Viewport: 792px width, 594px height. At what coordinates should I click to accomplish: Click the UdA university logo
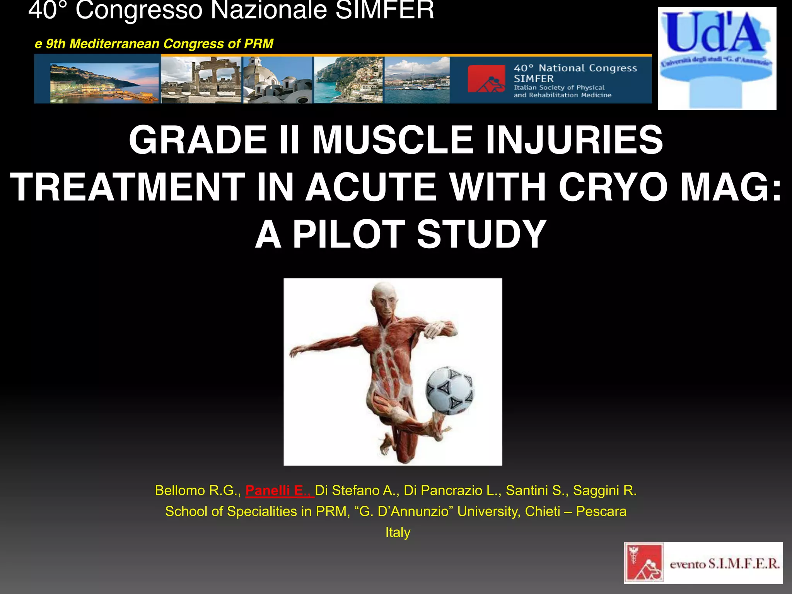coord(717,58)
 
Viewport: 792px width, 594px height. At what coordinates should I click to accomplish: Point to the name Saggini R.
coord(604,490)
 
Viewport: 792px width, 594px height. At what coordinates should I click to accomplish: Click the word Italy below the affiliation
coord(398,532)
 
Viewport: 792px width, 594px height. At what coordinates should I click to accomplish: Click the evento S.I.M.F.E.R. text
coord(724,564)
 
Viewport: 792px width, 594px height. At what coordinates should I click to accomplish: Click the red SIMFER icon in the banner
coord(486,79)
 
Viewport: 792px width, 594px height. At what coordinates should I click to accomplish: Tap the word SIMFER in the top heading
coord(384,10)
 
